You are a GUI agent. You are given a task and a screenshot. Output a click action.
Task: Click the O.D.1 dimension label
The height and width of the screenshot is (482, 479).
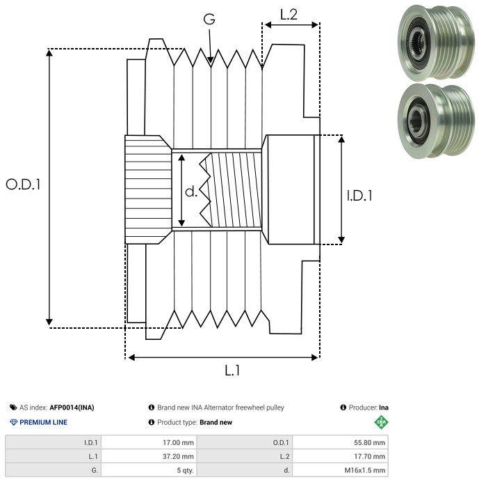click(x=24, y=185)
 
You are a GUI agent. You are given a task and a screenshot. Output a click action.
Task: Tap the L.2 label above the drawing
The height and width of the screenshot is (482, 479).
click(x=289, y=14)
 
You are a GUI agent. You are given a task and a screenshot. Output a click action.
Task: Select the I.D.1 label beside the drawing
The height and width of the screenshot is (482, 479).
click(x=360, y=196)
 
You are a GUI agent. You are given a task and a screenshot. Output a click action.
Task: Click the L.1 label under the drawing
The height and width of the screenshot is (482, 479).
click(x=232, y=371)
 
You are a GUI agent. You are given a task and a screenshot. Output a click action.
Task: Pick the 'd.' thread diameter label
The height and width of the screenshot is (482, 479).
click(x=191, y=192)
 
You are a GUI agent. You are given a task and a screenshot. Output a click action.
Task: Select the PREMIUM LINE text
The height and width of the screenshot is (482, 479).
click(x=44, y=422)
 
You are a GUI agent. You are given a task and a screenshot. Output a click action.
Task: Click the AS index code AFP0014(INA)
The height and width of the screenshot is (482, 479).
click(x=76, y=407)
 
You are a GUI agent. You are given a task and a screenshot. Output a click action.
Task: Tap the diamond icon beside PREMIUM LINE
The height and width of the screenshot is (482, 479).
click(x=13, y=422)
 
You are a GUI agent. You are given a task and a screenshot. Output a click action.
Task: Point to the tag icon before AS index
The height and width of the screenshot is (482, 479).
click(x=13, y=407)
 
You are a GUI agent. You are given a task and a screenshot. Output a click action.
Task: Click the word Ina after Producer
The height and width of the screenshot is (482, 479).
click(x=384, y=407)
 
